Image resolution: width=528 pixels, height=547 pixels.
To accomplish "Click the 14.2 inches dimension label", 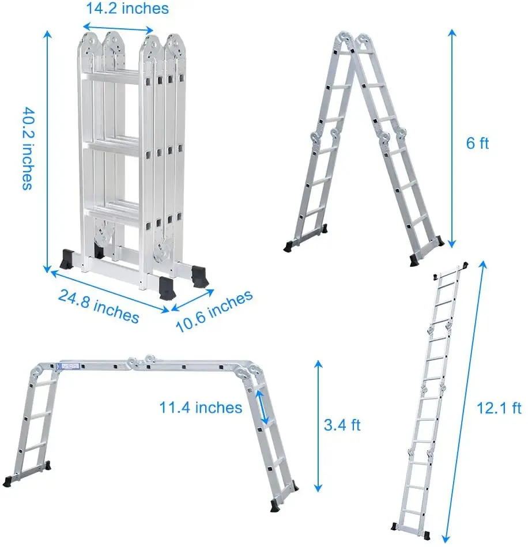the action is (x=127, y=9).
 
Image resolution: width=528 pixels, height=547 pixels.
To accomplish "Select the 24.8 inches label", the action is (x=99, y=306).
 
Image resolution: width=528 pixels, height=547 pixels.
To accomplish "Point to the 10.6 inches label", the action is (x=214, y=311).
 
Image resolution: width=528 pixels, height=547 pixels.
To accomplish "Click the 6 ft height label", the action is (x=477, y=143).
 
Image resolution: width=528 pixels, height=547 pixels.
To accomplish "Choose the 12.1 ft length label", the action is (x=499, y=408).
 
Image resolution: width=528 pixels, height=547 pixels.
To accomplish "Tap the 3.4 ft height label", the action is (x=342, y=425).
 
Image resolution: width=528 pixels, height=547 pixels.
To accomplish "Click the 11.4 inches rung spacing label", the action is (x=201, y=408).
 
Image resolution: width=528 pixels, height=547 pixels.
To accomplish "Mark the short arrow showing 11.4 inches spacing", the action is (x=262, y=407).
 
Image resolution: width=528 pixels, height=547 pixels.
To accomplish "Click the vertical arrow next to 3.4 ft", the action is (x=318, y=426).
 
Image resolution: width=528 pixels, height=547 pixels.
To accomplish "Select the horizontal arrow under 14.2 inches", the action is (x=118, y=28).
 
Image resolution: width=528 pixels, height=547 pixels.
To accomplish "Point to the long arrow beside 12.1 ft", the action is (x=465, y=401).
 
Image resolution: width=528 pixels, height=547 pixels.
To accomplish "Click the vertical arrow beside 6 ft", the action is (x=452, y=138).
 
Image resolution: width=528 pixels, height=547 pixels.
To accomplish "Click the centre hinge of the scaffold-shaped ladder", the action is (x=142, y=362).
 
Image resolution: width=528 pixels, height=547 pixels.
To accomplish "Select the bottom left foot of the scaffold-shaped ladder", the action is (x=7, y=481).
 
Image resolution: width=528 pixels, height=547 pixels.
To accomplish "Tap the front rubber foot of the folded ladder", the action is (x=166, y=289).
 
